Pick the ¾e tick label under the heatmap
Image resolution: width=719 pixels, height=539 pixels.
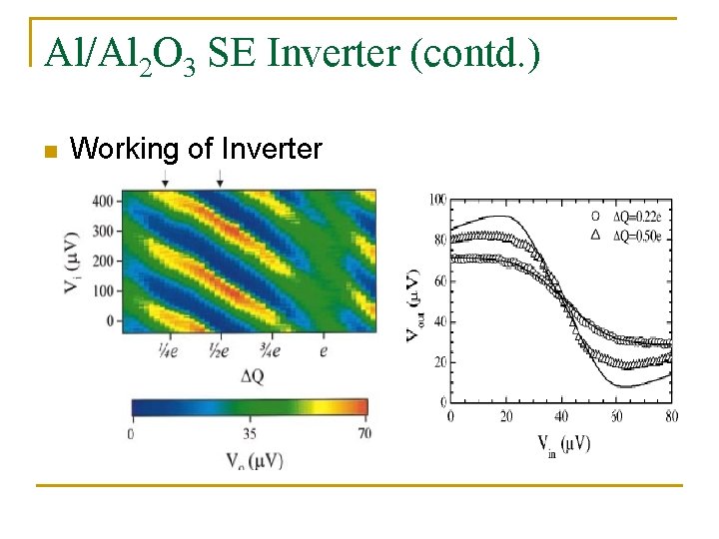coord(270,350)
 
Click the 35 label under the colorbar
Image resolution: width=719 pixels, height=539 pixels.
coord(249,433)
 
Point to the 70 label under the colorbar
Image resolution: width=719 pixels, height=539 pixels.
coord(364,433)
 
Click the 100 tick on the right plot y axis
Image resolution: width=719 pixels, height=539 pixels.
coord(437,201)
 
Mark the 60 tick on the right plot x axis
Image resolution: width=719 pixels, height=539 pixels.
coord(616,415)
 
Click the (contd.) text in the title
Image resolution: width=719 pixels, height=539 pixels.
coord(473,54)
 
